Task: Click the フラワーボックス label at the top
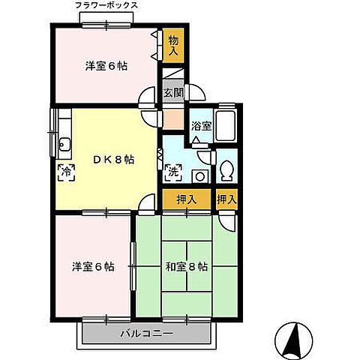pyautogui.click(x=106, y=5)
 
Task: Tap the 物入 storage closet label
pyautogui.click(x=173, y=44)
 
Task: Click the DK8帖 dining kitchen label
pyautogui.click(x=112, y=160)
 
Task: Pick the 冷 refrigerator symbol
pyautogui.click(x=65, y=172)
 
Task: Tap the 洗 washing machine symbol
pyautogui.click(x=172, y=172)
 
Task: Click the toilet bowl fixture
pyautogui.click(x=228, y=170)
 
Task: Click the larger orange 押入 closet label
pyautogui.click(x=187, y=200)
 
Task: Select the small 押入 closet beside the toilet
pyautogui.click(x=226, y=200)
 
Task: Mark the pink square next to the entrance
pyautogui.click(x=172, y=118)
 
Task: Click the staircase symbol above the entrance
pyautogui.click(x=172, y=73)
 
